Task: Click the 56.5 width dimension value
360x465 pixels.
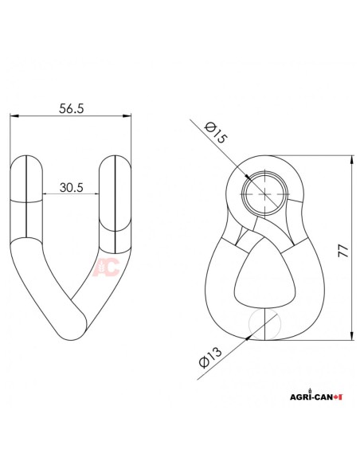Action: [x=71, y=108]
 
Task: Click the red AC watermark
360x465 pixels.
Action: [x=107, y=267]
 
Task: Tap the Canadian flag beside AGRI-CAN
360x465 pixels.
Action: [x=338, y=396]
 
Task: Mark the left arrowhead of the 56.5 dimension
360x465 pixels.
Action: [x=14, y=117]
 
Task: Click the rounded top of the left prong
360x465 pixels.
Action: [x=28, y=163]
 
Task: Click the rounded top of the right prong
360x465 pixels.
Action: [x=114, y=162]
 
